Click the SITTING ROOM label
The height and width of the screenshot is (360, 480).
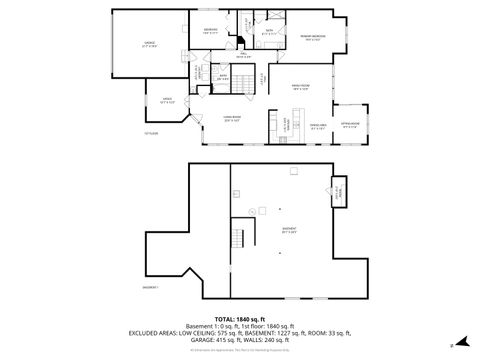tap(349, 125)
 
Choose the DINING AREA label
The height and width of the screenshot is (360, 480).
tap(318, 126)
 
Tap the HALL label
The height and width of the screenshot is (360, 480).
tap(229, 55)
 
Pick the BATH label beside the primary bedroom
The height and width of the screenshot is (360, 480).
tap(270, 32)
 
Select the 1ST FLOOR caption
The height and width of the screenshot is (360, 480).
tap(152, 133)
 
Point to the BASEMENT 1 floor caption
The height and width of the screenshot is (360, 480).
tap(151, 287)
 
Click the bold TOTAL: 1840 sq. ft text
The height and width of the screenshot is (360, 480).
tap(240, 317)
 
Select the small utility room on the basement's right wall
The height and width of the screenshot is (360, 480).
tap(338, 189)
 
